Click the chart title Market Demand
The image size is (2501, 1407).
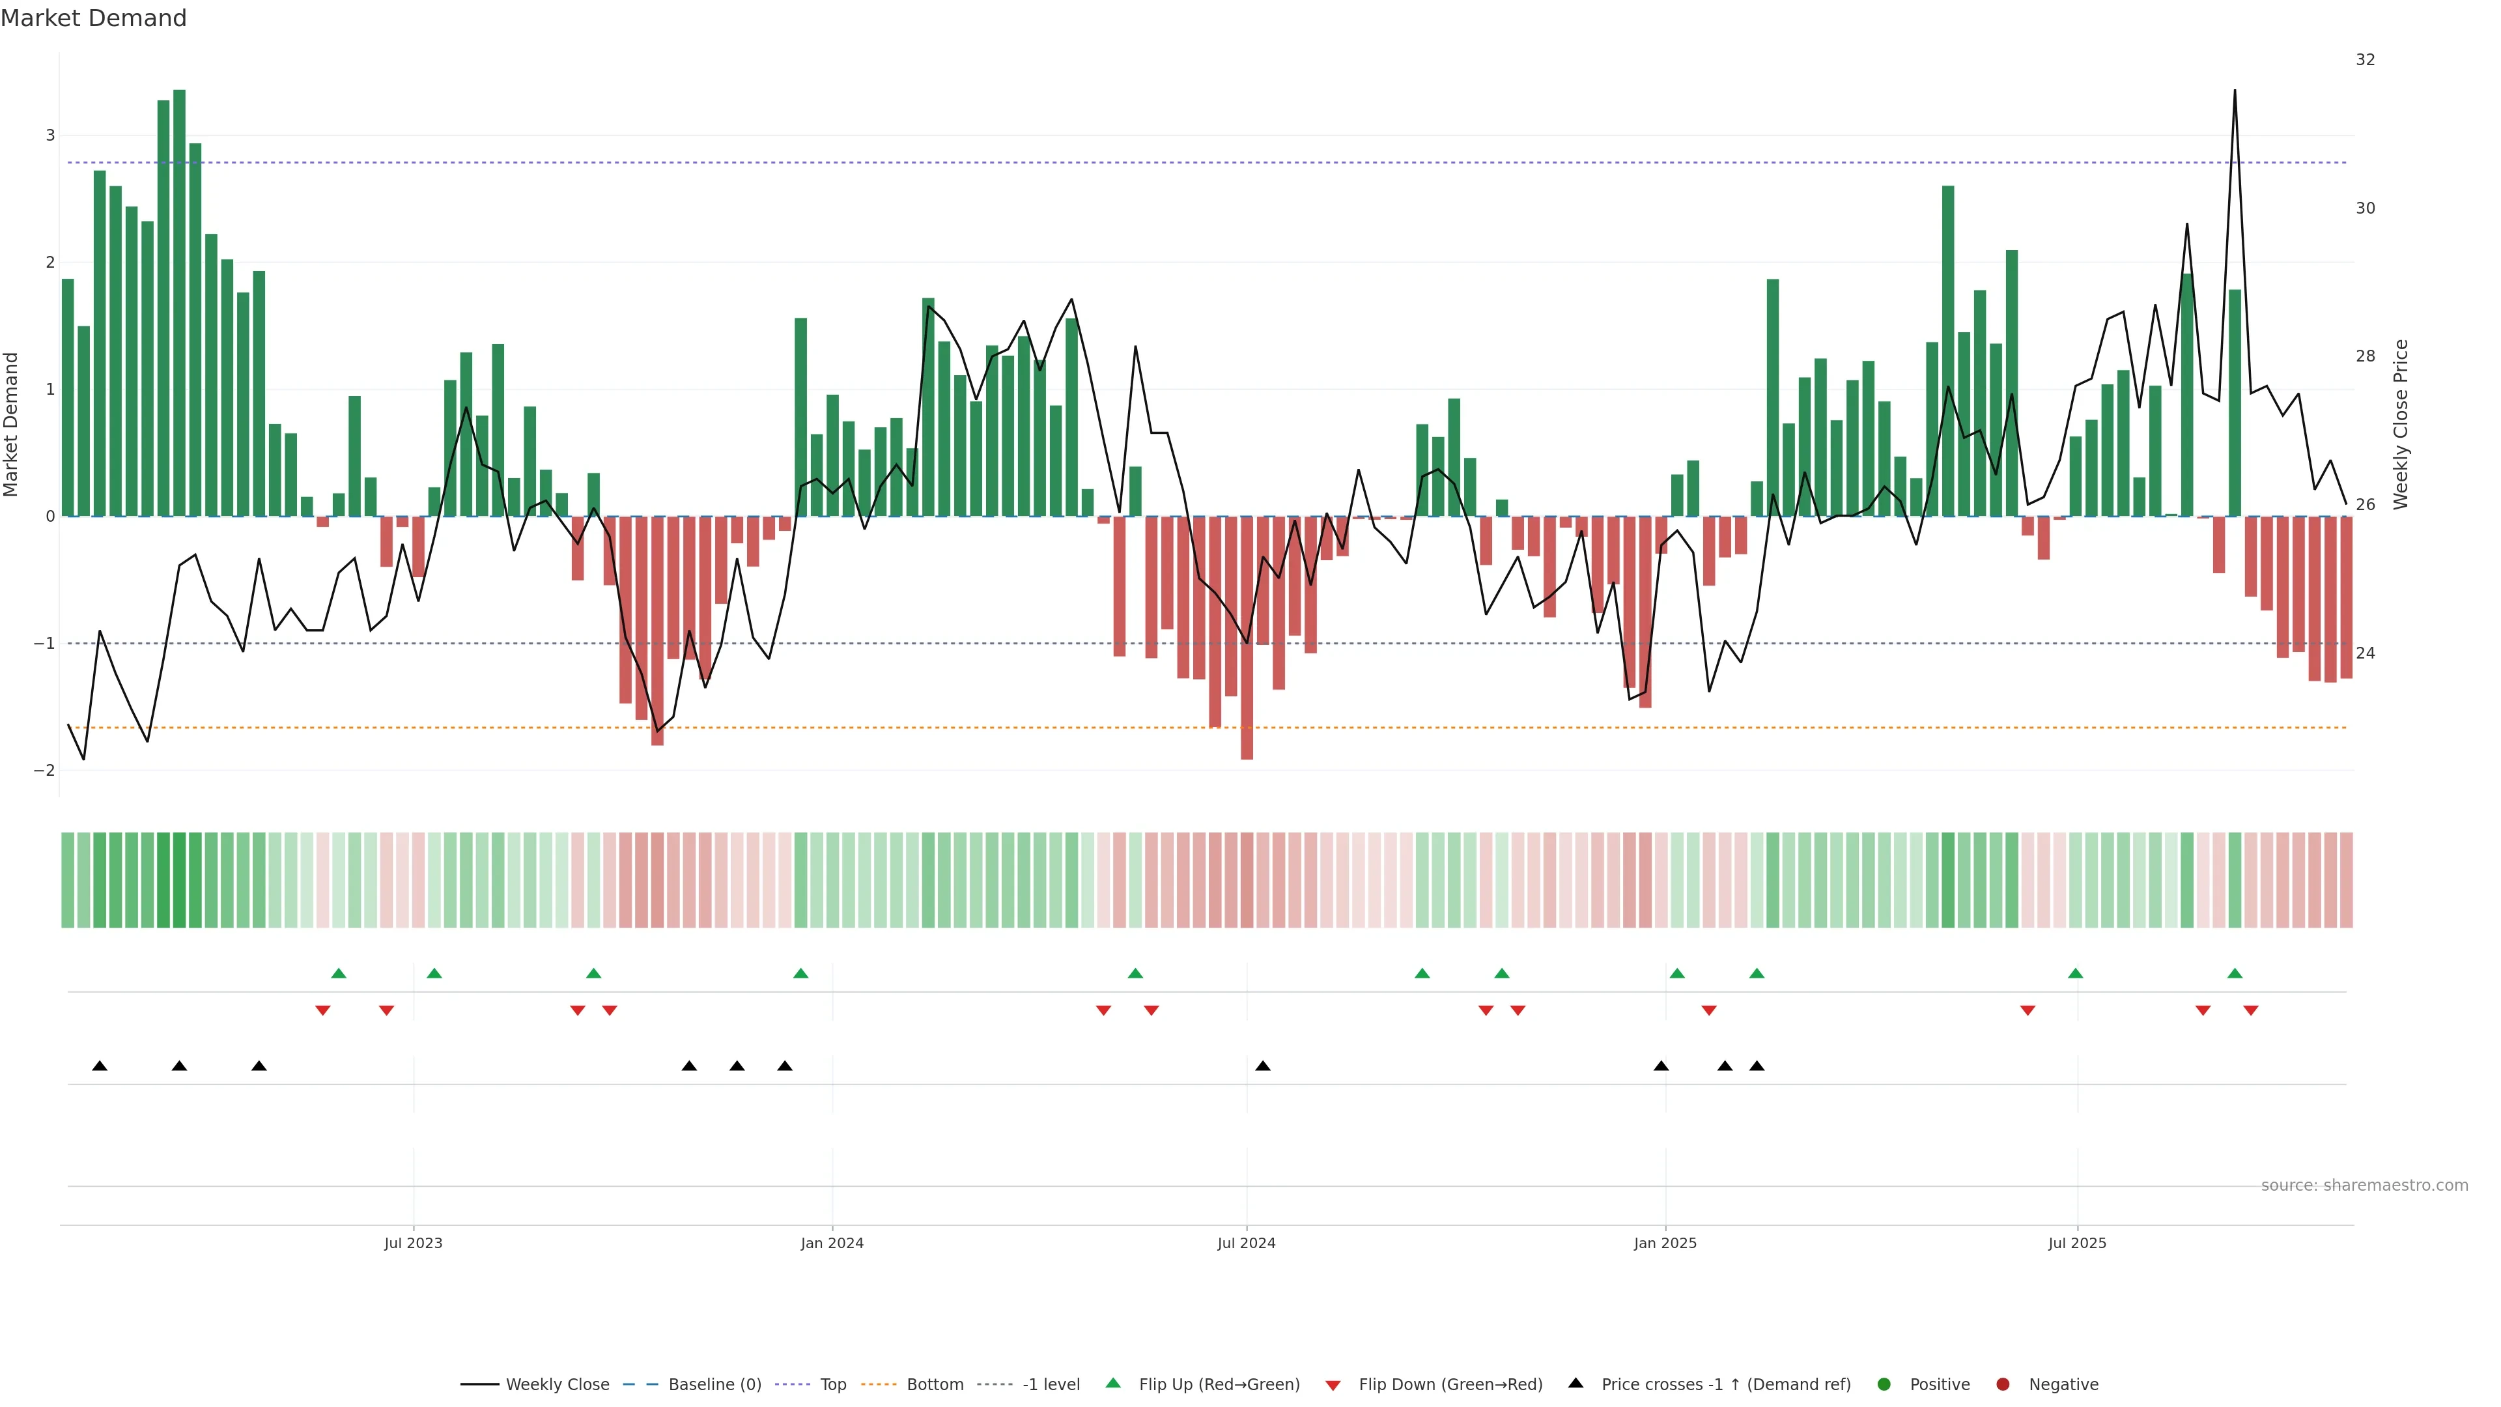pyautogui.click(x=93, y=18)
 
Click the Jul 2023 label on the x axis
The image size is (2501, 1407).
pyautogui.click(x=413, y=1243)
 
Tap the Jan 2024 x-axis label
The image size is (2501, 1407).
pyautogui.click(x=832, y=1243)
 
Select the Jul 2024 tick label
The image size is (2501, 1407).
pyautogui.click(x=1247, y=1243)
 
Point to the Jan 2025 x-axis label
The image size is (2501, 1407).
pyautogui.click(x=1665, y=1243)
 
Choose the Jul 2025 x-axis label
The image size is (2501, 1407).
pyautogui.click(x=2078, y=1243)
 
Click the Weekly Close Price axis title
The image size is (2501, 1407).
pyautogui.click(x=2401, y=424)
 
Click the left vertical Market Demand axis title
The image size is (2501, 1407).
pyautogui.click(x=12, y=424)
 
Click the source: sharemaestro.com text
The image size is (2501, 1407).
pyautogui.click(x=2364, y=1186)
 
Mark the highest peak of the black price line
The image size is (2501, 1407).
pyautogui.click(x=2235, y=91)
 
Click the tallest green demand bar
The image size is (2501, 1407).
pyautogui.click(x=180, y=291)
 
